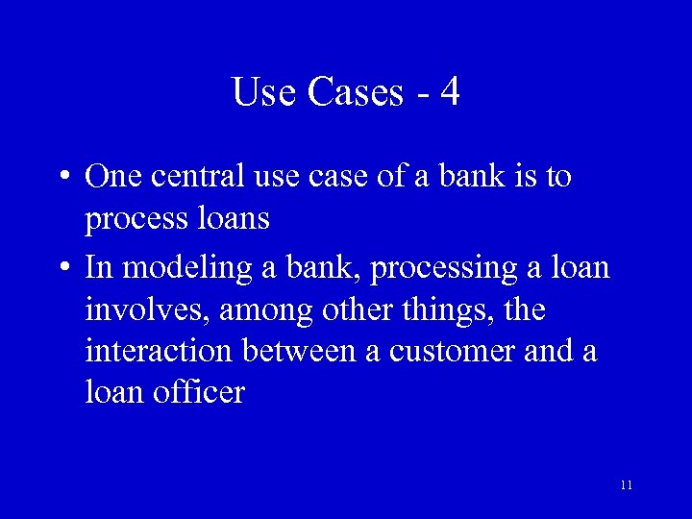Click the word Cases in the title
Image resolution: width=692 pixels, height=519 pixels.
click(355, 92)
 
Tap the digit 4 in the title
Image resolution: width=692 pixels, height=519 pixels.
click(450, 92)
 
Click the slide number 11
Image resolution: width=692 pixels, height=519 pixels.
click(626, 485)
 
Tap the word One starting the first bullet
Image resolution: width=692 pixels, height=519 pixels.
click(112, 177)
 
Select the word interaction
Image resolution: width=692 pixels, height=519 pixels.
click(159, 351)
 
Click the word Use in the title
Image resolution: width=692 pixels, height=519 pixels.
click(262, 92)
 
